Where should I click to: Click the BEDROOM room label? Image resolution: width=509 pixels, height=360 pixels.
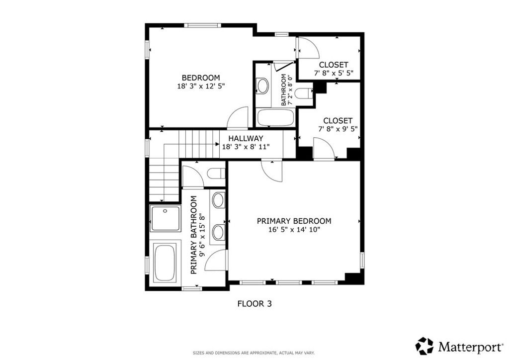pyautogui.click(x=200, y=78)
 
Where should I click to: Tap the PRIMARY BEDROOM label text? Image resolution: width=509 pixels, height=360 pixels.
pyautogui.click(x=294, y=221)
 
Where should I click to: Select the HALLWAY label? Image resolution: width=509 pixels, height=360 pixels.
pyautogui.click(x=246, y=138)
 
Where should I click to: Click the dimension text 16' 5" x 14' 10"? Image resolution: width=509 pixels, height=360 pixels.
pyautogui.click(x=294, y=230)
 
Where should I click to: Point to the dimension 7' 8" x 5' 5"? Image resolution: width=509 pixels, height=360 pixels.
pyautogui.click(x=334, y=73)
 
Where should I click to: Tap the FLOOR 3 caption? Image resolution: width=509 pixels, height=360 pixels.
pyautogui.click(x=254, y=303)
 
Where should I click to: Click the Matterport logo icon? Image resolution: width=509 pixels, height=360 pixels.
pyautogui.click(x=424, y=345)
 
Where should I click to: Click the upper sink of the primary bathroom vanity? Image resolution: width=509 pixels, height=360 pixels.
pyautogui.click(x=218, y=201)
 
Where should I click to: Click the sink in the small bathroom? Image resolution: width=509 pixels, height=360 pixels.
pyautogui.click(x=262, y=86)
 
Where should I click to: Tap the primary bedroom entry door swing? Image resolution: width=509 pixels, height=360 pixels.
pyautogui.click(x=272, y=172)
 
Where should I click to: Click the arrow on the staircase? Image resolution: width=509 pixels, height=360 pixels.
pyautogui.click(x=217, y=144)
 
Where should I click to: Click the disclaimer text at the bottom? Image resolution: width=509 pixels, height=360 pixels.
pyautogui.click(x=254, y=353)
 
